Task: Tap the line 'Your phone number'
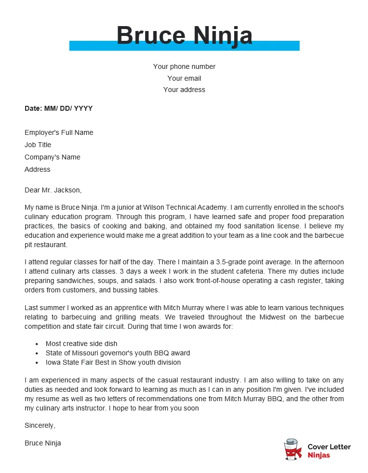184,66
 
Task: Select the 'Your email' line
184,78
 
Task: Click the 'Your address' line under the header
184,90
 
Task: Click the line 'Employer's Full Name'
59,132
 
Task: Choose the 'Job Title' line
38,145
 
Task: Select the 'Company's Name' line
52,157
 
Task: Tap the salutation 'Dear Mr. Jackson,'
53,189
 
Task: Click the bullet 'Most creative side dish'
81,344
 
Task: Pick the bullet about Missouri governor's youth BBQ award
118,353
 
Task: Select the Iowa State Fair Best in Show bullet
113,362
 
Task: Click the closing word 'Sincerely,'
40,425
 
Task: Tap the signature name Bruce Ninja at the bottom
43,443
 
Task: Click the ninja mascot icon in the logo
293,450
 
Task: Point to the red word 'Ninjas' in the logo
319,455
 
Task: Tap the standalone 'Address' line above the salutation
37,169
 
